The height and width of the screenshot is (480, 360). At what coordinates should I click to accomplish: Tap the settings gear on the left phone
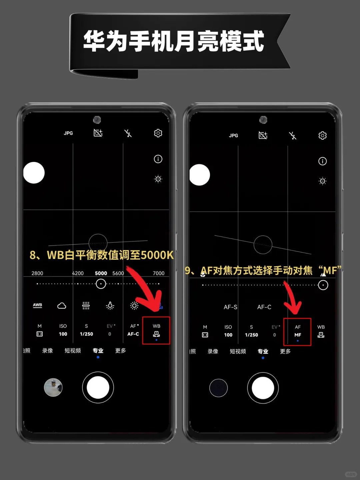click(x=158, y=133)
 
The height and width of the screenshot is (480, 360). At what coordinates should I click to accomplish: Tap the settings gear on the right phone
click(x=322, y=135)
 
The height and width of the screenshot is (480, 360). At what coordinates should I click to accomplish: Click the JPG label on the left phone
click(x=68, y=133)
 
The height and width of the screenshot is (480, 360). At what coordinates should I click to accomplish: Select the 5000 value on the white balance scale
click(x=101, y=273)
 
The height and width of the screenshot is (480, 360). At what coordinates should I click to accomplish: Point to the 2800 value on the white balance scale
click(x=37, y=273)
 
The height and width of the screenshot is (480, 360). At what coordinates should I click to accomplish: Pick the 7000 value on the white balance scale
click(x=158, y=273)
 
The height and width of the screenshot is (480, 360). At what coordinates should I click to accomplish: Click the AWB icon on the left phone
click(x=37, y=305)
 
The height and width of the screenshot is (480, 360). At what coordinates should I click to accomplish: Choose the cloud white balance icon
click(x=62, y=305)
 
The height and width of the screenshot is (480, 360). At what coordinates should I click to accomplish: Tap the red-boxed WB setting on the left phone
click(x=156, y=331)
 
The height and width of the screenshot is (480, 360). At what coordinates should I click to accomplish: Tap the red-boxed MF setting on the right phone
click(x=297, y=332)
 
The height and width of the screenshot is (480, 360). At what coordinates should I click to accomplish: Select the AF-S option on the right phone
click(x=230, y=307)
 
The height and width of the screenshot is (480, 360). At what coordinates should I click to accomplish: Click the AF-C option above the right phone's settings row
click(x=264, y=307)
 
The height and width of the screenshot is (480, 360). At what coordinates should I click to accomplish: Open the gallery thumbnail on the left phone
click(x=53, y=387)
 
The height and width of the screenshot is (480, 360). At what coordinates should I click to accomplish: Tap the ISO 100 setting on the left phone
click(x=63, y=330)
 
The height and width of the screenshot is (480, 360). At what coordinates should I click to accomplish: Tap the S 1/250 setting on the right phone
click(x=251, y=331)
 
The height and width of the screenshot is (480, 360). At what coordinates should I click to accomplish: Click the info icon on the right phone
click(x=322, y=161)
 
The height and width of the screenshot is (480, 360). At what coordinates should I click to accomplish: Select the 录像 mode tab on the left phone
click(x=47, y=351)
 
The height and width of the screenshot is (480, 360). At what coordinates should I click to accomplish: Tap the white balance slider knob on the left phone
click(x=101, y=284)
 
